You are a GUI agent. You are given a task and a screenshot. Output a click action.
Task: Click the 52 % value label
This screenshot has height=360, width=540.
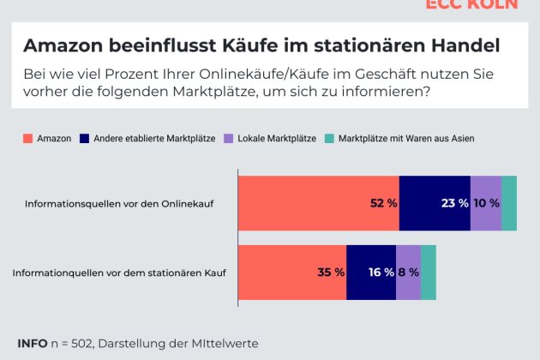click(383, 203)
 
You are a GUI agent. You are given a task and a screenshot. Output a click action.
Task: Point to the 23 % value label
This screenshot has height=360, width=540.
click(454, 203)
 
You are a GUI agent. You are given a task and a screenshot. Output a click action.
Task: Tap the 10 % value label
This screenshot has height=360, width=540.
click(486, 203)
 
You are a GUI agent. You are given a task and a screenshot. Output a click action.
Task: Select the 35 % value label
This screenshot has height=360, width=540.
click(331, 273)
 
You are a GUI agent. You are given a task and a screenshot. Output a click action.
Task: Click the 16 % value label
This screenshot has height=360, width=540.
click(381, 273)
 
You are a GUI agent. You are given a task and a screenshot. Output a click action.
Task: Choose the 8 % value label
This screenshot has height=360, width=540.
click(409, 273)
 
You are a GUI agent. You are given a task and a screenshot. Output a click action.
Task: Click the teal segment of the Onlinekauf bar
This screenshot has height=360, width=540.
click(509, 203)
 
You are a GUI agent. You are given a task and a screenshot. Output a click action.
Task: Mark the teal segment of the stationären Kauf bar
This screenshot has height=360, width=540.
click(429, 273)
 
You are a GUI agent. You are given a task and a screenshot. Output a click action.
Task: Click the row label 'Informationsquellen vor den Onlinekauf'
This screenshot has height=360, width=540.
click(119, 204)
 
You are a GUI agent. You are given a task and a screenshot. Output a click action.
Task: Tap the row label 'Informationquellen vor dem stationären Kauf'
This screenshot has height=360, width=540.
click(119, 273)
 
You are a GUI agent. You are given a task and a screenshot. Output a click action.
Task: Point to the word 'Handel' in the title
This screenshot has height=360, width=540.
click(467, 45)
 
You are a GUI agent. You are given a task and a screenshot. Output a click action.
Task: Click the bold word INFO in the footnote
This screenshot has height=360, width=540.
click(33, 343)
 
